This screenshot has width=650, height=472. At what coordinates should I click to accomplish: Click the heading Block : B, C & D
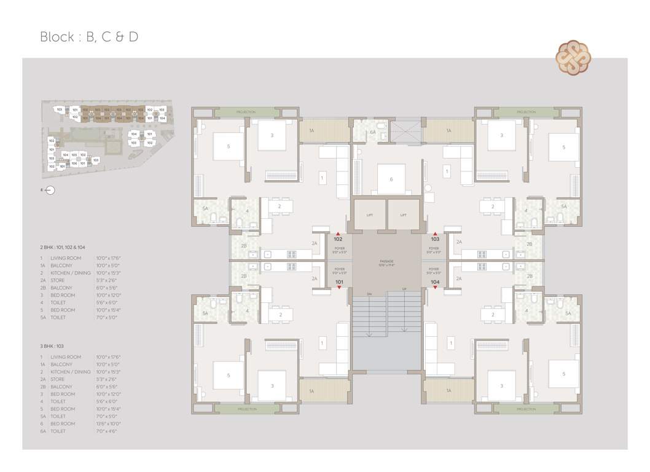pyautogui.click(x=89, y=37)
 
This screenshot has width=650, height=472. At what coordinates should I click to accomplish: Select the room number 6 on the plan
pyautogui.click(x=391, y=179)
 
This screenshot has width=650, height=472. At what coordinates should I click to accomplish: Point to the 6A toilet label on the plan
pyautogui.click(x=372, y=132)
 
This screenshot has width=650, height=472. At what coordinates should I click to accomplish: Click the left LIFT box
pyautogui.click(x=369, y=215)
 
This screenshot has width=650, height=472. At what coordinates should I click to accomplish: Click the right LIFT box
pyautogui.click(x=404, y=215)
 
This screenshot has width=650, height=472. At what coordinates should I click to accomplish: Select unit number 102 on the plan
pyautogui.click(x=338, y=239)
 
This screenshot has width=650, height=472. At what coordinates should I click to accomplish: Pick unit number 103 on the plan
pyautogui.click(x=435, y=239)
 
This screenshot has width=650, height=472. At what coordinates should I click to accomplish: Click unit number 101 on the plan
pyautogui.click(x=339, y=282)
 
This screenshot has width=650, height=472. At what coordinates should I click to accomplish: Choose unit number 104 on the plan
pyautogui.click(x=435, y=282)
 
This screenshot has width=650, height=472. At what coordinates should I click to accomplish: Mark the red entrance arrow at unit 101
pyautogui.click(x=339, y=288)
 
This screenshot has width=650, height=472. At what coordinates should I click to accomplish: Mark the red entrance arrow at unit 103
pyautogui.click(x=435, y=234)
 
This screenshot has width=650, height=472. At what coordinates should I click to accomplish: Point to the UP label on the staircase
pyautogui.click(x=404, y=289)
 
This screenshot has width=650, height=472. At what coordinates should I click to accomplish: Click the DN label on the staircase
pyautogui.click(x=369, y=293)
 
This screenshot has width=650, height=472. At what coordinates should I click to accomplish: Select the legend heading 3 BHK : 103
pyautogui.click(x=56, y=346)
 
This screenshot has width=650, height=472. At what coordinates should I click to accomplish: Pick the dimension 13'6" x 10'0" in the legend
pyautogui.click(x=108, y=424)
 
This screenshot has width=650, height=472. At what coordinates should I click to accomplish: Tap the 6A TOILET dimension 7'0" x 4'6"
pyautogui.click(x=106, y=431)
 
